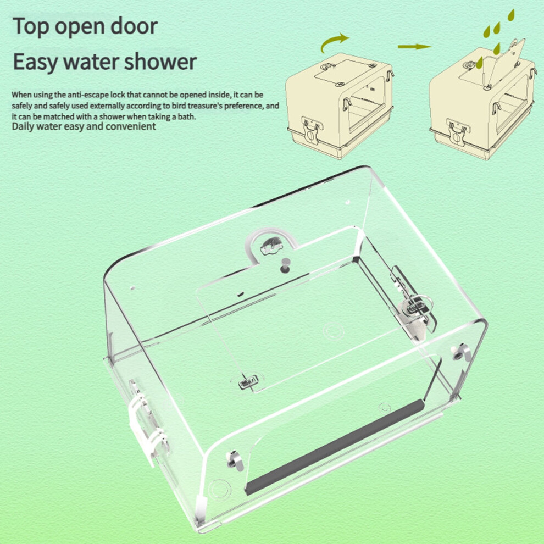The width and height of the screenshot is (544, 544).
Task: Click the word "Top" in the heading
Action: tap(31, 27)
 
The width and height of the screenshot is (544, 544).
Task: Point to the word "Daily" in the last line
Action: tap(23, 126)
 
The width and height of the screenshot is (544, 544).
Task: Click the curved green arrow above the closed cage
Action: tap(334, 42)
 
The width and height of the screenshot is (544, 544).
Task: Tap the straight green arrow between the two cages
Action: tap(414, 47)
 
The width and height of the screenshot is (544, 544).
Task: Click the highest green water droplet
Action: tap(511, 15)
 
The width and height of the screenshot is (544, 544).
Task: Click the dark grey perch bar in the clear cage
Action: tap(335, 447)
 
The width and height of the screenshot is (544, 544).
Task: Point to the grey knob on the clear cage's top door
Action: tap(285, 265)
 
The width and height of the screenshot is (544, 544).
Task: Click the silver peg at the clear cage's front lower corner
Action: tap(235, 460)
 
